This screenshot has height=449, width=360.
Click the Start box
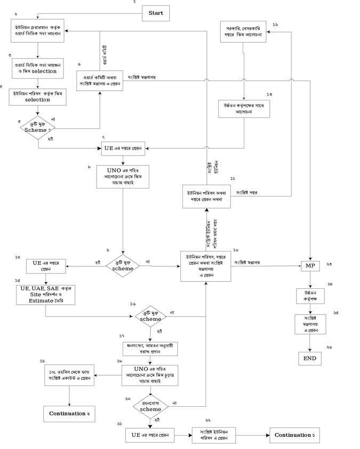(156, 13)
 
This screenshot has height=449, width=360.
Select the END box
(310, 359)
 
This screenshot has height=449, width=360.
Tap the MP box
(310, 265)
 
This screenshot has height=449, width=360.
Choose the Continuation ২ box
(70, 414)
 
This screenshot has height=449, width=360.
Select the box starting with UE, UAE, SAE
(45, 294)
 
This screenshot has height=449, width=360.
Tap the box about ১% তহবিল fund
(69, 376)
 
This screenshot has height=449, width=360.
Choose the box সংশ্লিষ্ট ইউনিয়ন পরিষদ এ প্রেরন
(218, 435)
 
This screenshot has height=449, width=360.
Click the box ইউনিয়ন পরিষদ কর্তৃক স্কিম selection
(38, 97)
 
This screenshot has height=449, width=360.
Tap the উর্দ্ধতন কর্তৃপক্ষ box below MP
(310, 295)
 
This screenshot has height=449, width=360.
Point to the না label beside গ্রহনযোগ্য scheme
(175, 402)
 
